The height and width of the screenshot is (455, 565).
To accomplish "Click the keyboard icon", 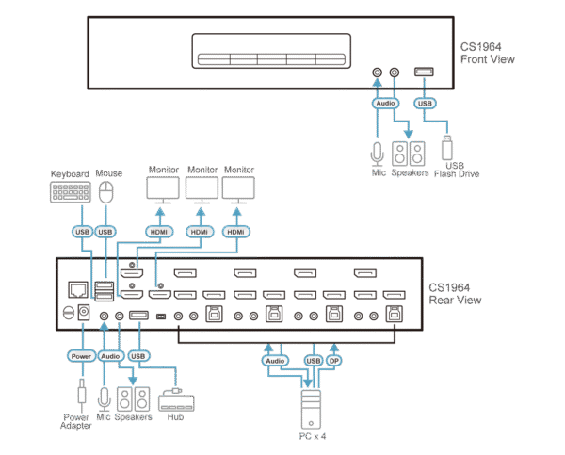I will [x=71, y=193].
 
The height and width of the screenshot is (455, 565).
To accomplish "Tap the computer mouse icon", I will [x=105, y=193].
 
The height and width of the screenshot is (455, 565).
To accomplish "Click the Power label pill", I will [x=79, y=355].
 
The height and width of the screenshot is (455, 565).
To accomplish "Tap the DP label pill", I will [x=334, y=360].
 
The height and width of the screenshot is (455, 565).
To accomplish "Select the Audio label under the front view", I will [x=386, y=103].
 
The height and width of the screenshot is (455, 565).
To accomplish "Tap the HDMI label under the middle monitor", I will [x=199, y=231].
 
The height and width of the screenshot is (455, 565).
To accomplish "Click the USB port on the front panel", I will [x=424, y=72].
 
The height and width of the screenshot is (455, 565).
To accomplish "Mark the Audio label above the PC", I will [x=275, y=360].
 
